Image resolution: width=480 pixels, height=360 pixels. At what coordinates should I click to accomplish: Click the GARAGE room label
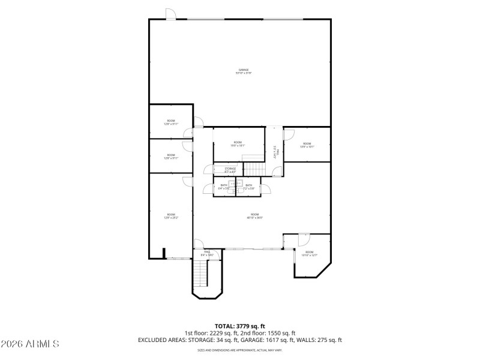point(243,71)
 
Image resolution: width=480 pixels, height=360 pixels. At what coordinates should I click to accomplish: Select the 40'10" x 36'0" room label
point(254,216)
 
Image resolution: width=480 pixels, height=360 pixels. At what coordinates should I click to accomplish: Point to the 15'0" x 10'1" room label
point(238,143)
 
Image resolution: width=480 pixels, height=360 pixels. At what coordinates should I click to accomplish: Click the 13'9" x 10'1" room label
point(307,145)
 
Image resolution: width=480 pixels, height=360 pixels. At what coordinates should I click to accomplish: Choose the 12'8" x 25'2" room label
point(171,216)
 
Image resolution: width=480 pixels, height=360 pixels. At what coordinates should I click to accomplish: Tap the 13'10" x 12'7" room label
point(309,254)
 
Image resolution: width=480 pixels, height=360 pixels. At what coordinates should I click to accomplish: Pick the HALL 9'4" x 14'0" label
point(207,253)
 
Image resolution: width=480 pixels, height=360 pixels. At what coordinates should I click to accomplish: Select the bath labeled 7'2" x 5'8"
point(249,187)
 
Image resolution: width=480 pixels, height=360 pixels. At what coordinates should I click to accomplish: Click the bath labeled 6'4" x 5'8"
point(224,187)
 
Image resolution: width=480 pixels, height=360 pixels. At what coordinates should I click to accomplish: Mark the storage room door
point(210,170)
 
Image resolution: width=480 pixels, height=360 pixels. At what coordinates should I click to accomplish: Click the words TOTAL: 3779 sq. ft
point(240,326)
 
